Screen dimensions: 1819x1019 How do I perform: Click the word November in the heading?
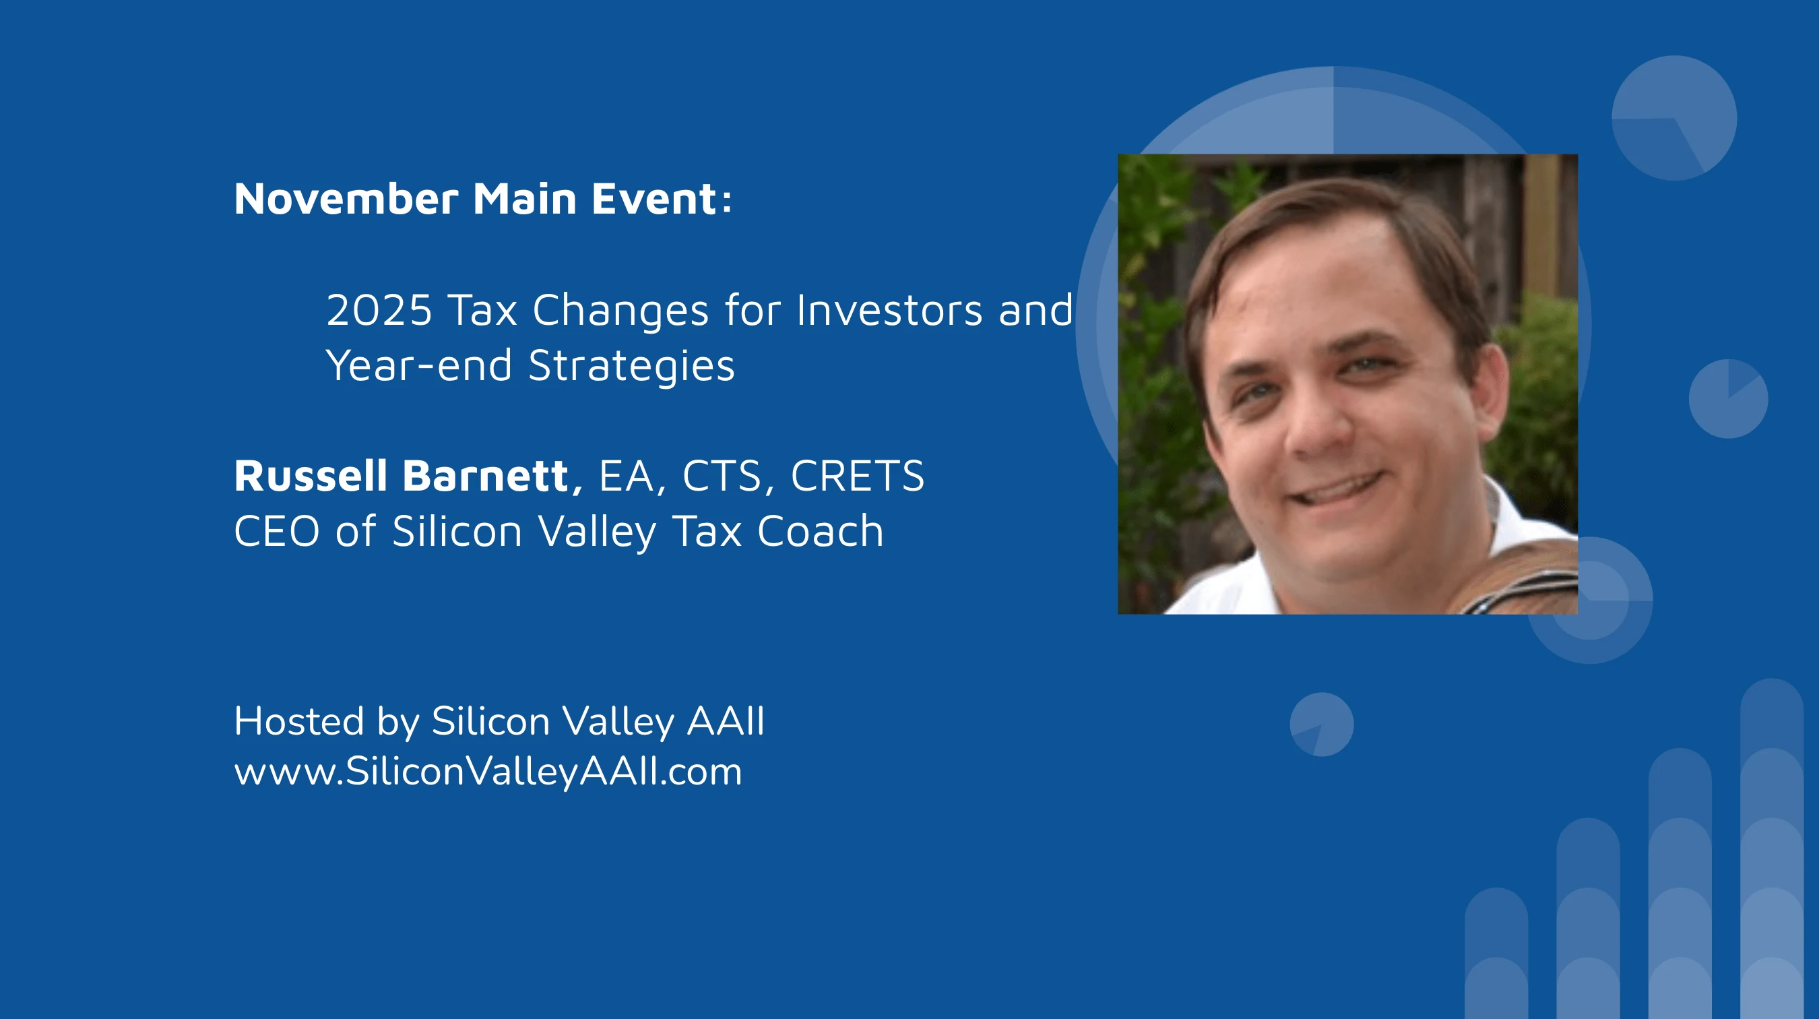[x=346, y=198]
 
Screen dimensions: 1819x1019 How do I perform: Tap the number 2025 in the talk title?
[x=379, y=310]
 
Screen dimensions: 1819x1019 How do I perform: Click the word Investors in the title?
[x=889, y=310]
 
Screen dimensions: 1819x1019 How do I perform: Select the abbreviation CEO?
[x=277, y=531]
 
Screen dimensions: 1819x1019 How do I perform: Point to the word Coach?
[x=820, y=531]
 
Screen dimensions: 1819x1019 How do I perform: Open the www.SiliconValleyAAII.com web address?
[x=488, y=772]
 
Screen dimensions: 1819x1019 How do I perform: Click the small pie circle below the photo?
[x=1322, y=724]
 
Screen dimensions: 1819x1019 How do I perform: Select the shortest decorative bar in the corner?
[x=1496, y=954]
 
